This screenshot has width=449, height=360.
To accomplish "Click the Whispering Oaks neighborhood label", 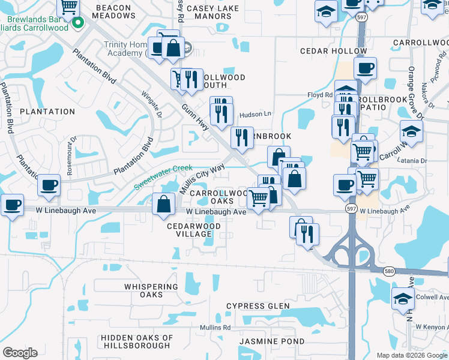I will tap(151, 290).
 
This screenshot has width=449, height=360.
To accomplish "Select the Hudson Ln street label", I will tap(255, 114).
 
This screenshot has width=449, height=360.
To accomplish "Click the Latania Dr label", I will tap(411, 161).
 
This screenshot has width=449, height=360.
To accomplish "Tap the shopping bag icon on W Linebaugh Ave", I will tap(164, 204).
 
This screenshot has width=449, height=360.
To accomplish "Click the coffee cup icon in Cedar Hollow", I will tap(365, 68).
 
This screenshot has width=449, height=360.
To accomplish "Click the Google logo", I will tap(20, 353).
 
